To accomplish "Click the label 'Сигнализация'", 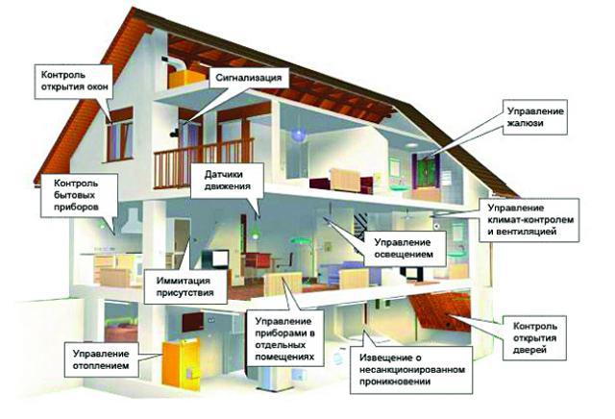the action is [x=248, y=78].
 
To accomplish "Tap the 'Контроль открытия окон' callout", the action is [x=74, y=82].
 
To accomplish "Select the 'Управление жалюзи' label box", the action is [x=535, y=117].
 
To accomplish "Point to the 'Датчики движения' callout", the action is [x=227, y=181].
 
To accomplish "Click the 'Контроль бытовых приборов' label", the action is [x=79, y=195].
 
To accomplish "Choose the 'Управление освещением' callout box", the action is [x=405, y=249].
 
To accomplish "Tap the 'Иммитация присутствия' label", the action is [x=185, y=286].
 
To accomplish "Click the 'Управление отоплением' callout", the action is [x=101, y=359].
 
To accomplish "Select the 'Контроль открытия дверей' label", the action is [x=534, y=338].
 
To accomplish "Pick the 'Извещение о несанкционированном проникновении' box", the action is [x=411, y=370].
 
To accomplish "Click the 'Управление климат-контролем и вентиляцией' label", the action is [x=529, y=220].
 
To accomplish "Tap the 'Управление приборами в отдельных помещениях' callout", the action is [x=285, y=338].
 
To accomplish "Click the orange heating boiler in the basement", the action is [x=181, y=364].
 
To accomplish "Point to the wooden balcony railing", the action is [x=204, y=161].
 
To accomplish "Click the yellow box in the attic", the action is [x=186, y=78].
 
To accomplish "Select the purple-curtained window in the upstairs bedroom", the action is [x=427, y=171].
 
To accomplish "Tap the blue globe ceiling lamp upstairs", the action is [x=298, y=135].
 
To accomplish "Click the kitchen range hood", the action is [x=133, y=221].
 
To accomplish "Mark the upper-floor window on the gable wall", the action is [x=119, y=136].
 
